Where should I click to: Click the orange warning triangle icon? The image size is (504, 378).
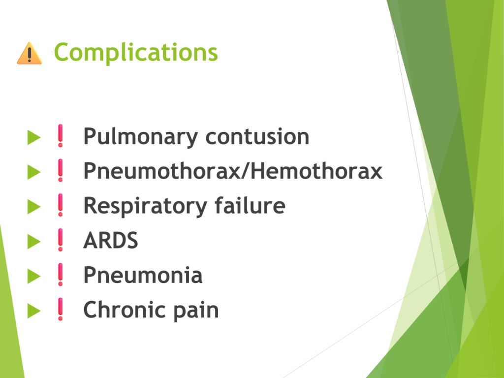click(x=30, y=53)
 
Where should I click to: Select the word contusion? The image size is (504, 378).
click(x=257, y=137)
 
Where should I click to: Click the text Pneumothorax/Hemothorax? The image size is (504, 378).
click(x=233, y=171)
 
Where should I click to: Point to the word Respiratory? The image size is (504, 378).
click(x=145, y=206)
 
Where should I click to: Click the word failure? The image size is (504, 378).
click(x=250, y=205)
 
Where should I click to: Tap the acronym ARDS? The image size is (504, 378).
click(x=111, y=240)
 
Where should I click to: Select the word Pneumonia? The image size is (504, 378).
click(x=143, y=275)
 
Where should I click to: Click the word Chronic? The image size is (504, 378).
click(x=125, y=310)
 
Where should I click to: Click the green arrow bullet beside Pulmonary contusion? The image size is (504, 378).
click(x=34, y=137)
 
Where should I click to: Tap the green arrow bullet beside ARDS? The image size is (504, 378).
click(x=34, y=241)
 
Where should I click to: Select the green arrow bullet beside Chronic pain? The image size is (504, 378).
click(x=34, y=311)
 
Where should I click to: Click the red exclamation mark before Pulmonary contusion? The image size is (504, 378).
click(x=61, y=136)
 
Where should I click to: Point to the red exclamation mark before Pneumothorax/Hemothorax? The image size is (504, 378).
click(x=61, y=170)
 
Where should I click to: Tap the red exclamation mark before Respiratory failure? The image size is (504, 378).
click(x=61, y=205)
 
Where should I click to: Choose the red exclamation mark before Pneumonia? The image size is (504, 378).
click(x=61, y=275)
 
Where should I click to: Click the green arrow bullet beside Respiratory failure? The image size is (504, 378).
click(x=34, y=207)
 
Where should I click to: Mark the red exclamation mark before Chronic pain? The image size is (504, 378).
click(x=61, y=309)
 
